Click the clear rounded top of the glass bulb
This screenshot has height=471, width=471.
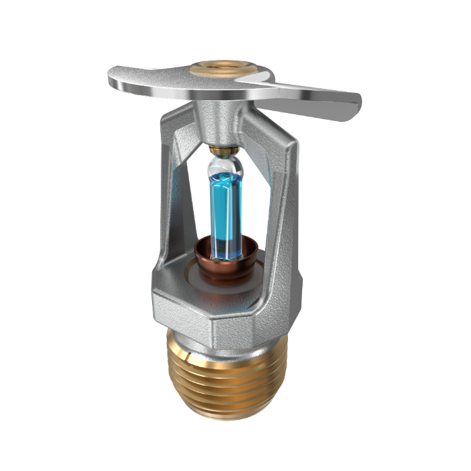224,166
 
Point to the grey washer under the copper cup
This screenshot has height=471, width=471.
195,272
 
